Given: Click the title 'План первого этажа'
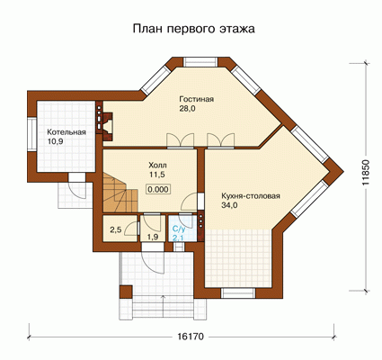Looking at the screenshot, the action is [x=194, y=29].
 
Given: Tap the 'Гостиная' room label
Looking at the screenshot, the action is [x=197, y=99].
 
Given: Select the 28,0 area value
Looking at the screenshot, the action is [x=187, y=109].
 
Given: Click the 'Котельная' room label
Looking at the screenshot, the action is [x=67, y=132].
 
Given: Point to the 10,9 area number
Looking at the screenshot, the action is [x=55, y=142].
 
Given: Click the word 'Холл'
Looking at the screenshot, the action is [x=157, y=165].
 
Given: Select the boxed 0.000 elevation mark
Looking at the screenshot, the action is [x=158, y=189].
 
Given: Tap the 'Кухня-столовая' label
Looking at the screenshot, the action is [x=251, y=196].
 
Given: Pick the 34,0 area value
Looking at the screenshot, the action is [x=229, y=206].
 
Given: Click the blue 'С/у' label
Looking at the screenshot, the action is [x=179, y=229].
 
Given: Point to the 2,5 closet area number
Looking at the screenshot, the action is [x=115, y=230].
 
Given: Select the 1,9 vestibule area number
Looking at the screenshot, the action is [x=153, y=237].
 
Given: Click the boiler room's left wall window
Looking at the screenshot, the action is [x=31, y=133].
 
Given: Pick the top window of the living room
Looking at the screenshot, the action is [x=200, y=62].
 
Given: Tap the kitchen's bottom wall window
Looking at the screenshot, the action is [x=238, y=293].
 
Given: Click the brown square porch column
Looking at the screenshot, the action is [x=126, y=292].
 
